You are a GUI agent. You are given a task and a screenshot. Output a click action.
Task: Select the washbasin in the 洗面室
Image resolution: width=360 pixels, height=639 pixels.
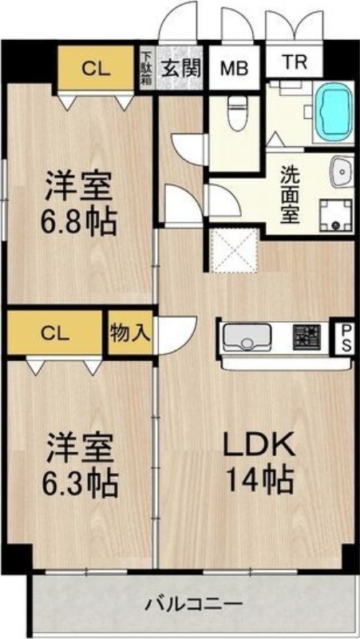(x=342, y=171)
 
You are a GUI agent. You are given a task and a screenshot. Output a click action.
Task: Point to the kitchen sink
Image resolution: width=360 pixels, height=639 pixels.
(x=246, y=336)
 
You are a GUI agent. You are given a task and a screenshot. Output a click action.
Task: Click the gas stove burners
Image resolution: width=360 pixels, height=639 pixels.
(x=307, y=337)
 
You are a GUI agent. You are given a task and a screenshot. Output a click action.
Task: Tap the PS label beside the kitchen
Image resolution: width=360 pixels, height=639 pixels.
(x=346, y=338)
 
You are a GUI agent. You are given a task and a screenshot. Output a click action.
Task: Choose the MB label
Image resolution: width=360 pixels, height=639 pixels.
(x=234, y=69)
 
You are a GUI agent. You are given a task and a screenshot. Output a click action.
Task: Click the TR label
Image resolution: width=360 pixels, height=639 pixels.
(x=294, y=62)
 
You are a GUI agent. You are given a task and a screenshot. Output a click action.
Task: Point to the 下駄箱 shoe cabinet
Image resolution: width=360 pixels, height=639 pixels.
(x=146, y=68)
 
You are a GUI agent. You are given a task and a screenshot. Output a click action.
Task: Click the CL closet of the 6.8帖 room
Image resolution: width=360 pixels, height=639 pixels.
(x=96, y=68)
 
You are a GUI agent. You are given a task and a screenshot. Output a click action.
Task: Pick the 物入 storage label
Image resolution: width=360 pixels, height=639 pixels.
(x=130, y=333)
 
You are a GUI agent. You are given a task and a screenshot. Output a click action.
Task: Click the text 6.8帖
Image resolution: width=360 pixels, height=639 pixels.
(x=78, y=221)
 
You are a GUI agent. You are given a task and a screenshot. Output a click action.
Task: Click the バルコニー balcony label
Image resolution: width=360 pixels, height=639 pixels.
(x=195, y=603)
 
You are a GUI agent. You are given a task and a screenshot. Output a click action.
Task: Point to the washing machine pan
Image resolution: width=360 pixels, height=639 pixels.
(x=335, y=215)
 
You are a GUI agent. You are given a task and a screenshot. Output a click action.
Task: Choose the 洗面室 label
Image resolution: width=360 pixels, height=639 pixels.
(x=291, y=195)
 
